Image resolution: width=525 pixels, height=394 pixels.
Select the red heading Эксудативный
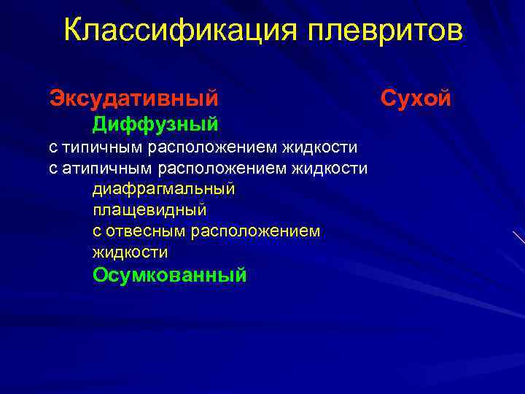click(x=133, y=96)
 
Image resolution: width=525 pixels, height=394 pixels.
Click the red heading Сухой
click(x=416, y=96)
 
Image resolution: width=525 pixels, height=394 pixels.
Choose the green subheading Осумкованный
click(x=170, y=275)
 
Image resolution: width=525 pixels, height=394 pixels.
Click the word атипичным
click(x=106, y=169)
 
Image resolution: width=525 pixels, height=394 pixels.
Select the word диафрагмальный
click(x=164, y=189)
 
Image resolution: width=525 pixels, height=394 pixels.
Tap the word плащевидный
click(x=149, y=210)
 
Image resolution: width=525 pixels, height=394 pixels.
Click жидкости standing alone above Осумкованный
click(x=130, y=252)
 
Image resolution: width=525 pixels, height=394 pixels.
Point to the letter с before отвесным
click(x=97, y=232)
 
